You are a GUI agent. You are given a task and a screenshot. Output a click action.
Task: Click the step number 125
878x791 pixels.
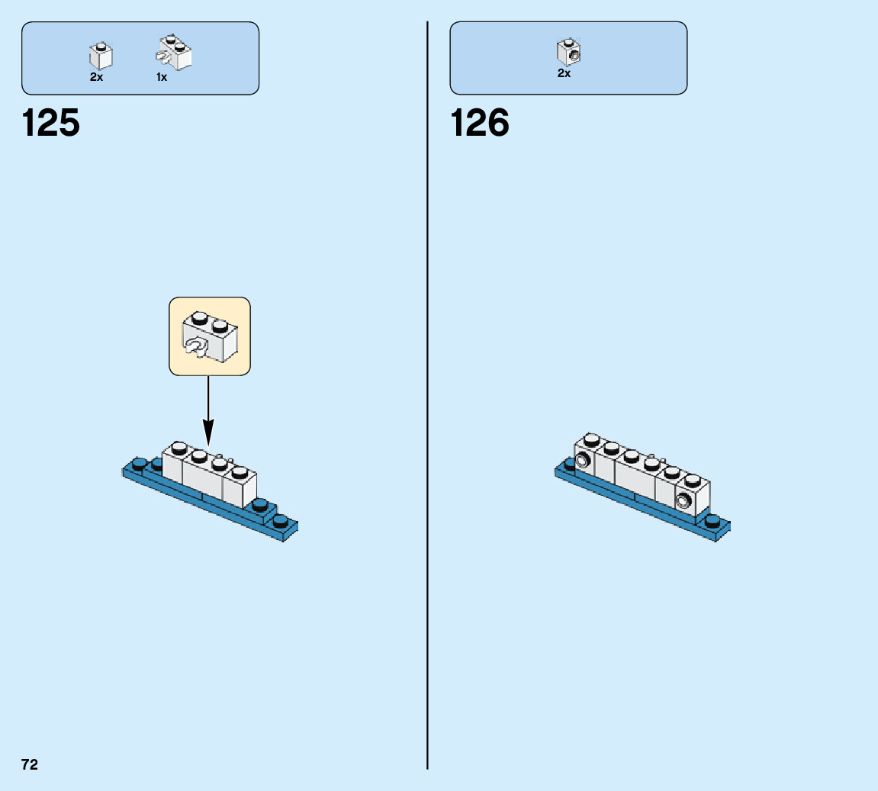pyautogui.click(x=51, y=123)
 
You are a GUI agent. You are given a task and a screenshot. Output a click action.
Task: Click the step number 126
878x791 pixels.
pyautogui.click(x=480, y=123)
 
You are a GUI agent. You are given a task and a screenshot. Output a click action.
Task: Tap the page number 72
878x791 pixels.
pyautogui.click(x=30, y=764)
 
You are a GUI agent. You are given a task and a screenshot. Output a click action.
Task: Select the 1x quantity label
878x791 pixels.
pyautogui.click(x=162, y=77)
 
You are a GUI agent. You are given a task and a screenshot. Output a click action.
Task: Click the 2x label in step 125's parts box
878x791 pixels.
pyautogui.click(x=96, y=77)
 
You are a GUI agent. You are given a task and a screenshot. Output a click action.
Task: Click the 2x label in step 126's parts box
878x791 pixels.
pyautogui.click(x=564, y=74)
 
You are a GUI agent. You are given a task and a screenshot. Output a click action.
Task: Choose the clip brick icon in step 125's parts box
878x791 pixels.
pyautogui.click(x=175, y=52)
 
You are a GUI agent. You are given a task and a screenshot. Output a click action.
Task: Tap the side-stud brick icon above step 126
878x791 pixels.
pyautogui.click(x=568, y=52)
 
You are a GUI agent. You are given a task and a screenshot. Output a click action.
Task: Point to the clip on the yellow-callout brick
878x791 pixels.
pyautogui.click(x=195, y=347)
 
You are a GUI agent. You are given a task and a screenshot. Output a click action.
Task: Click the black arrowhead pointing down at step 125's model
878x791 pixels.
pyautogui.click(x=208, y=436)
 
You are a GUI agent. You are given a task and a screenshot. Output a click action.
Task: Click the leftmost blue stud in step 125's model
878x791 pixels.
pyautogui.click(x=139, y=463)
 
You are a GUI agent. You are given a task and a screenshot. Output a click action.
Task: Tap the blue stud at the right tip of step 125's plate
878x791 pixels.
pyautogui.click(x=281, y=522)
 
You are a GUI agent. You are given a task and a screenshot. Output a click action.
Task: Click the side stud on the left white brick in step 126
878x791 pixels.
pyautogui.click(x=584, y=461)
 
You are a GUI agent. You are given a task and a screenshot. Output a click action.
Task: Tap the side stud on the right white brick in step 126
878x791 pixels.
pyautogui.click(x=683, y=501)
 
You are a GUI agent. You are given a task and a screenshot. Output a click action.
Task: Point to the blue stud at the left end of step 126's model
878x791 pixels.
pyautogui.click(x=570, y=462)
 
